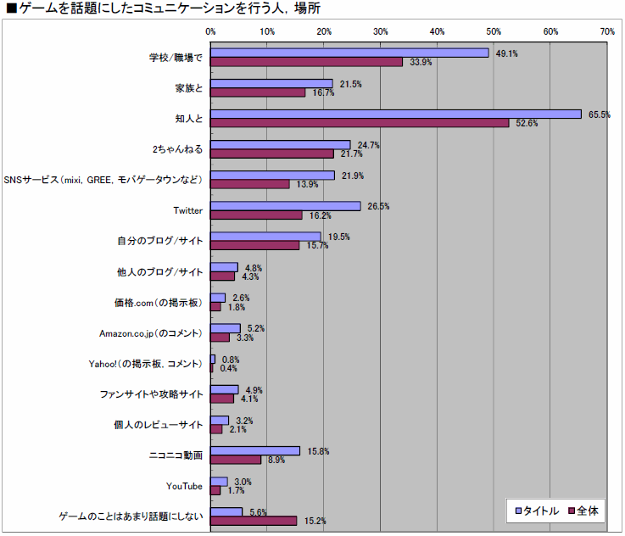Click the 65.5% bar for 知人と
pyautogui.click(x=395, y=114)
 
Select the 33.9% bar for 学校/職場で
pyautogui.click(x=306, y=62)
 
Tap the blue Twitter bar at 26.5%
pyautogui.click(x=286, y=206)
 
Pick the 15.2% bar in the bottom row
pyautogui.click(x=254, y=520)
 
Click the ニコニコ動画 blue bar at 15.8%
pyautogui.click(x=255, y=450)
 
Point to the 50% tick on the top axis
pyautogui.click(x=494, y=31)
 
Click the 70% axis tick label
pyautogui.click(x=607, y=31)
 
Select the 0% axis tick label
pyautogui.click(x=211, y=31)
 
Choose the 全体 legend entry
pyautogui.click(x=583, y=511)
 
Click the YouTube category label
pyautogui.click(x=184, y=486)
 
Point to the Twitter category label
pyautogui.click(x=187, y=211)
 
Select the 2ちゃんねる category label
pyautogui.click(x=177, y=150)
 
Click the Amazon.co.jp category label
pyautogui.click(x=151, y=333)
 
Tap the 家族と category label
pyautogui.click(x=187, y=88)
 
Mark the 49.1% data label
pyautogui.click(x=507, y=53)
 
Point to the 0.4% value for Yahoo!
pyautogui.click(x=228, y=368)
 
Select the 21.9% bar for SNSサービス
pyautogui.click(x=273, y=176)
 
